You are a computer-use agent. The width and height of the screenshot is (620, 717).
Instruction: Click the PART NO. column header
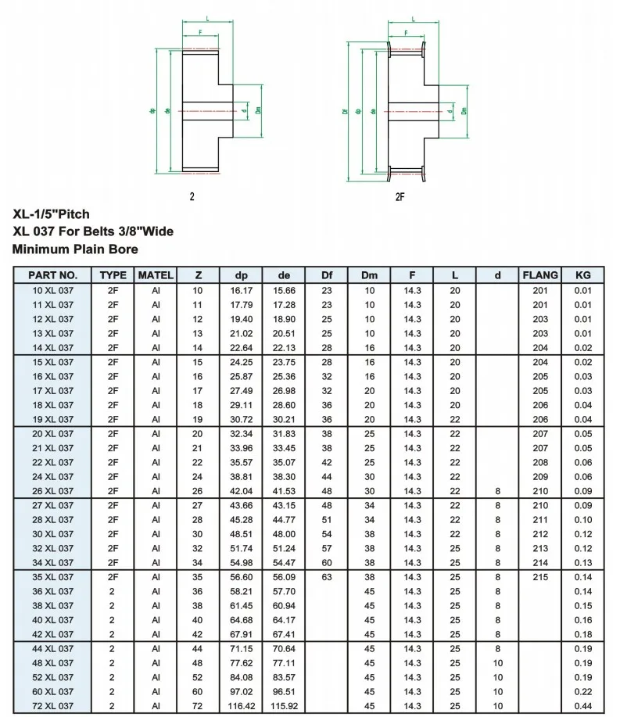(53, 274)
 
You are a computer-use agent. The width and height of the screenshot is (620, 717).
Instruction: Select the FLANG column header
(540, 274)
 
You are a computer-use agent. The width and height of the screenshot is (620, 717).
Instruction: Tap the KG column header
(582, 274)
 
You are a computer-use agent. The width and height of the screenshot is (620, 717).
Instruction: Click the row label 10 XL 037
(53, 290)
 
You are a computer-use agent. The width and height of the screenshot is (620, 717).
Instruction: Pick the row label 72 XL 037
(53, 706)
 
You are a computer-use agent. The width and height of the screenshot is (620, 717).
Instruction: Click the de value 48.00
(285, 533)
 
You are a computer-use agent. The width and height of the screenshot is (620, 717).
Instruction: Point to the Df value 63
(327, 577)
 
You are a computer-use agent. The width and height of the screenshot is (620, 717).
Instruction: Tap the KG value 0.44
(582, 706)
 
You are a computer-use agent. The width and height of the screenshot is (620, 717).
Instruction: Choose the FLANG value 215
(540, 577)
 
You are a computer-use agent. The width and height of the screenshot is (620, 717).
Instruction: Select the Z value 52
(198, 677)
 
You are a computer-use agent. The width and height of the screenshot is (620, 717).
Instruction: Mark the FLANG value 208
(540, 462)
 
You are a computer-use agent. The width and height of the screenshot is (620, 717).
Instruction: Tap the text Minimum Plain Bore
(76, 249)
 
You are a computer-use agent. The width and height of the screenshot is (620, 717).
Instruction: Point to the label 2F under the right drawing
(400, 196)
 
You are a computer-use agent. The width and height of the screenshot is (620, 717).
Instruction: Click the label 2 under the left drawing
(192, 196)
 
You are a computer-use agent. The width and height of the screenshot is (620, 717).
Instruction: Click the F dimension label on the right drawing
(407, 34)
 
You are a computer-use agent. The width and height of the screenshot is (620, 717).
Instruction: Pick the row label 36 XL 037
(53, 591)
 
